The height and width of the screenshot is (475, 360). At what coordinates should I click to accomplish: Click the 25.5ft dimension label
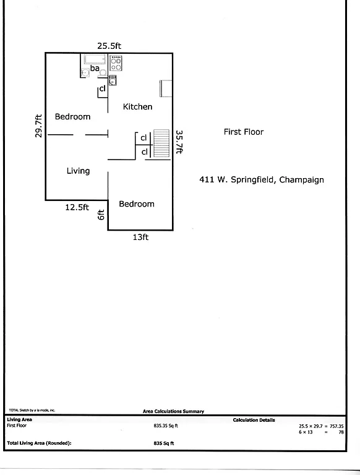(109, 45)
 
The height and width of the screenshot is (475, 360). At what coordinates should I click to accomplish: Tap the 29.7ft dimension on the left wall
(38, 127)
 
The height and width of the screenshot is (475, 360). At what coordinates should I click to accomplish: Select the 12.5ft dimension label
(77, 207)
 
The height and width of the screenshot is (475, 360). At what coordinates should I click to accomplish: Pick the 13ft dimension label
(140, 237)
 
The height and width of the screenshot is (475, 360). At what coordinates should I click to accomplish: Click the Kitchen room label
(137, 106)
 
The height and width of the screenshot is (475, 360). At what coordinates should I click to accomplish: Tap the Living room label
(78, 171)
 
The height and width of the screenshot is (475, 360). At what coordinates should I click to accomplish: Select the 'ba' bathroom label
(95, 68)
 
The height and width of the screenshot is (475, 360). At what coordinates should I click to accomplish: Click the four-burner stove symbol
(116, 62)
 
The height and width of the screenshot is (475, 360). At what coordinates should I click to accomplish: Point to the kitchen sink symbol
(113, 79)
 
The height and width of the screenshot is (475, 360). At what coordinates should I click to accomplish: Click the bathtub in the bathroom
(94, 59)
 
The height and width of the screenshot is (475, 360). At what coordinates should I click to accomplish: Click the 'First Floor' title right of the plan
(243, 132)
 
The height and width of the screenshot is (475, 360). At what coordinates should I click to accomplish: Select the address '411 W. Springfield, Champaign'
(262, 180)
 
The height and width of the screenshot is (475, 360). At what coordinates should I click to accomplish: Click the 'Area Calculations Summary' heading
(173, 411)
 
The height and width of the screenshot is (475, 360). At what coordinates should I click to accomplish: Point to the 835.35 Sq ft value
(166, 426)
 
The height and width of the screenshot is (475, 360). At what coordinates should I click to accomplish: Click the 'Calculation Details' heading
(254, 420)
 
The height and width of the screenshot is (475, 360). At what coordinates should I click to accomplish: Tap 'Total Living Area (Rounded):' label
(39, 443)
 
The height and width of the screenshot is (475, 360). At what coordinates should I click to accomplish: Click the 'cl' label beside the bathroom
(102, 89)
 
